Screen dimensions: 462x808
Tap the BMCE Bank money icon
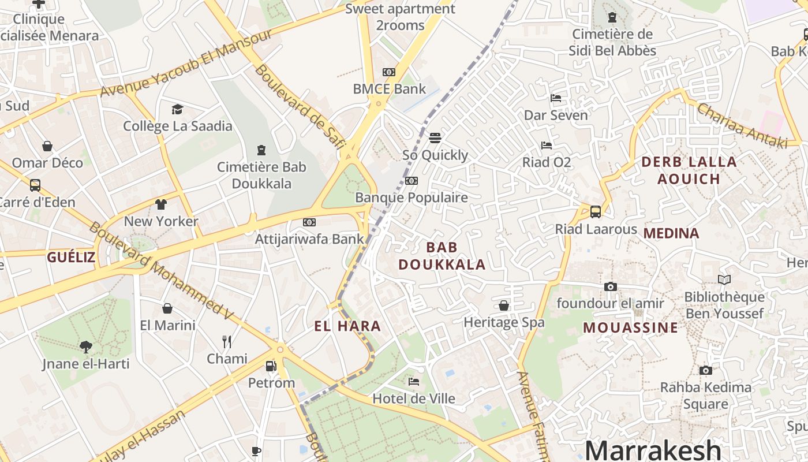(x=389, y=72)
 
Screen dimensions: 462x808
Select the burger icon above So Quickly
(x=435, y=138)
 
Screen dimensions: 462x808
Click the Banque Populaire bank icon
(x=412, y=181)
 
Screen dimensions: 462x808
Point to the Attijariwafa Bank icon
(x=309, y=222)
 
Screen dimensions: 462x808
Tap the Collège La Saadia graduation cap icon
(x=177, y=109)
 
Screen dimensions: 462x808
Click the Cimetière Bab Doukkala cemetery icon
(x=261, y=150)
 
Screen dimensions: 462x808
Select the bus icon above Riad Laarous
(x=596, y=212)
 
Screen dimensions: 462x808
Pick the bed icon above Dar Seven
(x=556, y=98)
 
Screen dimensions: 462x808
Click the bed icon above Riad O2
(x=546, y=146)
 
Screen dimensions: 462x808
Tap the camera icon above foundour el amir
(x=610, y=286)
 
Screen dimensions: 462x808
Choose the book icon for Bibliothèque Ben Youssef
(x=724, y=280)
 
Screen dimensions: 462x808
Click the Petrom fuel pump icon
(x=271, y=366)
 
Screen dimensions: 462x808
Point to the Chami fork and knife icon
(x=227, y=342)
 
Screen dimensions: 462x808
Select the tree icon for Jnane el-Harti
(x=85, y=346)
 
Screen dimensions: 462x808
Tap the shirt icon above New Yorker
(x=161, y=204)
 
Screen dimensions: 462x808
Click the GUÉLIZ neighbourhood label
(x=71, y=258)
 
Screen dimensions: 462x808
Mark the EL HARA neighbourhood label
(x=347, y=326)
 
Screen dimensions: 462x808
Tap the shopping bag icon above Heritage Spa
(x=504, y=305)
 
